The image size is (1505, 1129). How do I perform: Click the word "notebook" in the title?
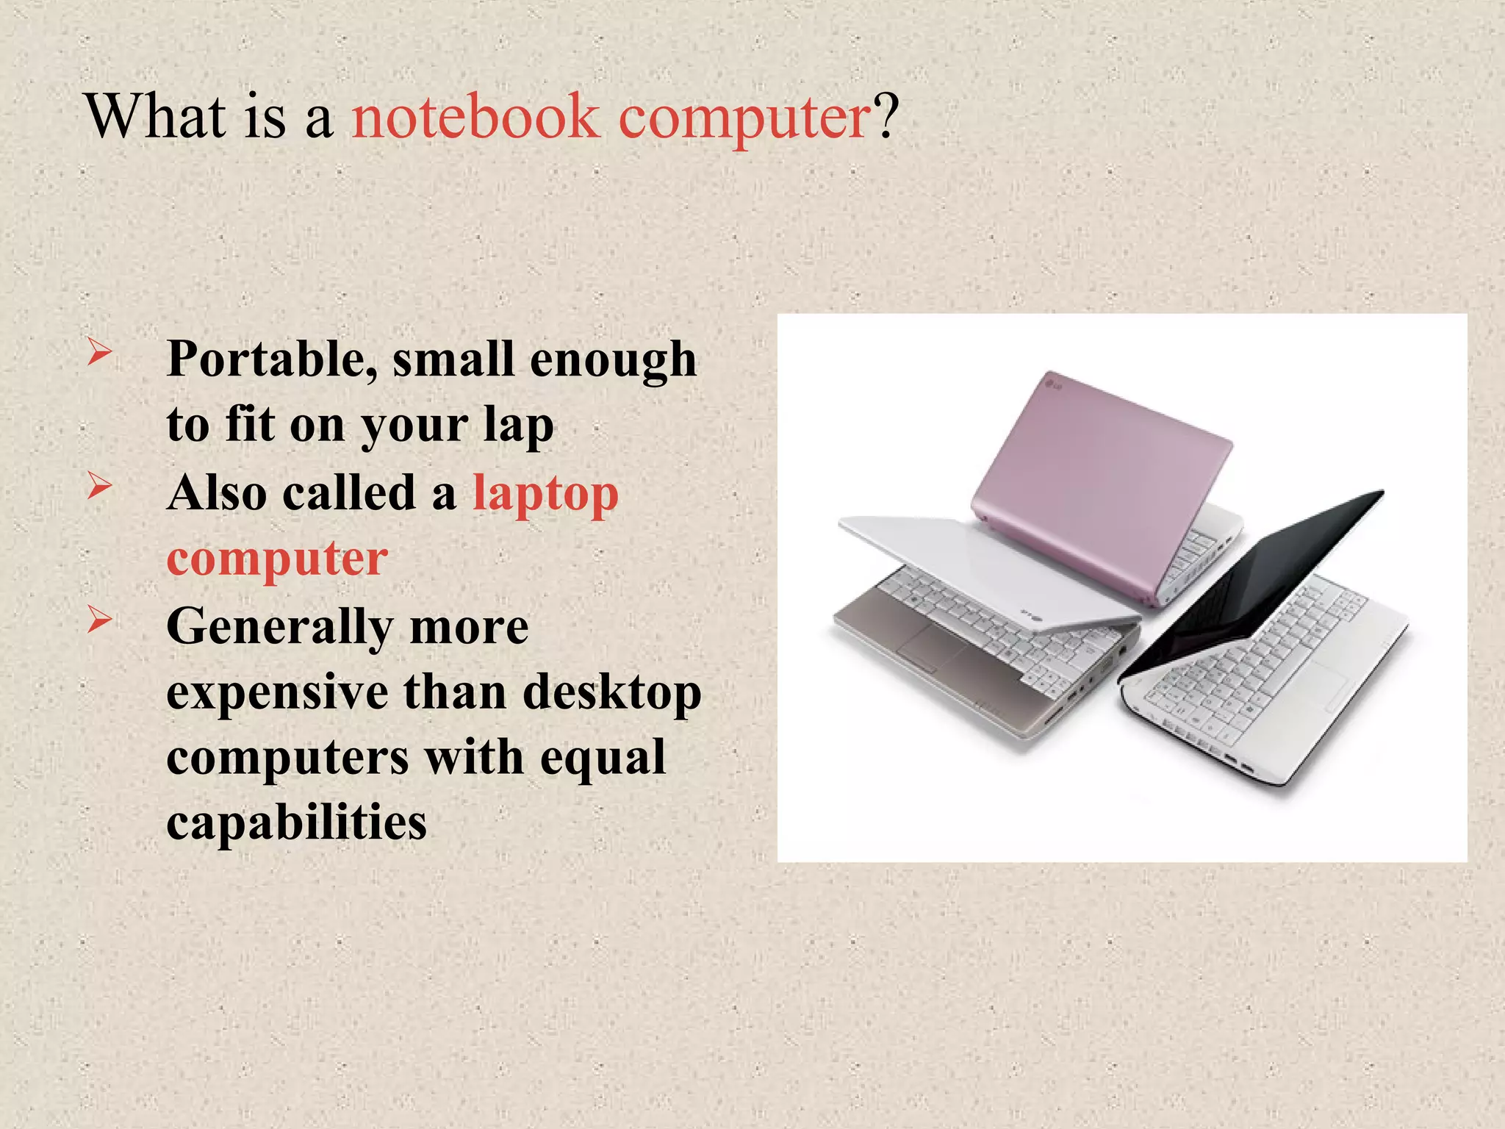(x=475, y=118)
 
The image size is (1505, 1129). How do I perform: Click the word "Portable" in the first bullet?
(x=272, y=359)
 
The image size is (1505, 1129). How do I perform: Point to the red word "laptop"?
(x=545, y=494)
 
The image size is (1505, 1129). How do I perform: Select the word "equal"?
(x=603, y=757)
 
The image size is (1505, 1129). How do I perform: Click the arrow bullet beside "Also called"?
(x=99, y=486)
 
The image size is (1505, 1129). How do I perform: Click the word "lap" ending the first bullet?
(x=518, y=426)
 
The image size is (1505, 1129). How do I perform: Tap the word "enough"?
(x=613, y=359)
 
